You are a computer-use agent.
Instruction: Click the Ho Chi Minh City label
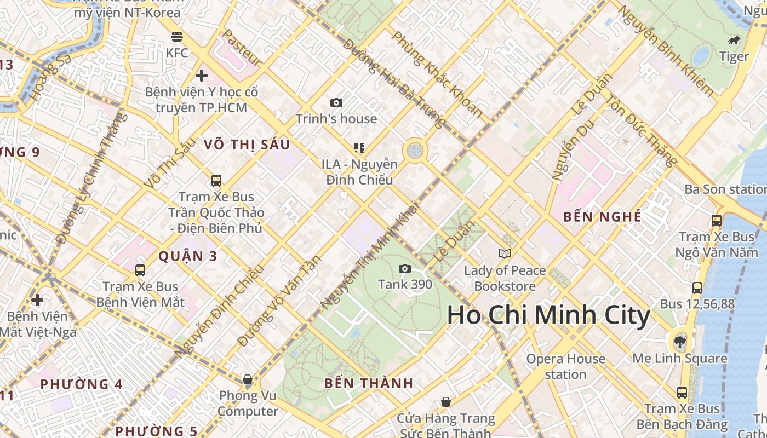tap(548, 316)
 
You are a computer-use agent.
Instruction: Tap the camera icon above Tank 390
tap(405, 268)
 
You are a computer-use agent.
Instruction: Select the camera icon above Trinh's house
tap(336, 102)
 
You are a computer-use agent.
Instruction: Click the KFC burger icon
tap(176, 37)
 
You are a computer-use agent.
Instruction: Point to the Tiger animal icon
tap(734, 41)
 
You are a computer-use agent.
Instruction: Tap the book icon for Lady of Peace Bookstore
tap(505, 253)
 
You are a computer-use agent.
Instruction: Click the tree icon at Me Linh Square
tap(679, 342)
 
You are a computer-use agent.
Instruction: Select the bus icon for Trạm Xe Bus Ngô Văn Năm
tap(716, 221)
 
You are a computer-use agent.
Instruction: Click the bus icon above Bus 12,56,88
tap(697, 287)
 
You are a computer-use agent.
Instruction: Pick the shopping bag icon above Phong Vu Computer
tap(248, 379)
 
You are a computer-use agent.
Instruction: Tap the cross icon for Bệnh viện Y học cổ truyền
tap(202, 76)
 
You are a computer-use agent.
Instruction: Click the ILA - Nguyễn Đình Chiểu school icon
tap(359, 147)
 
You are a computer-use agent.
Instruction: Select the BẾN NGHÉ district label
tap(602, 217)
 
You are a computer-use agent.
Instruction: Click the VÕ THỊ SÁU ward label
tap(247, 145)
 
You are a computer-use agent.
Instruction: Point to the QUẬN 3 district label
tap(188, 256)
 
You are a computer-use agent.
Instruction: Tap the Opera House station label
tap(565, 367)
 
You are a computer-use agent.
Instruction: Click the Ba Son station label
tap(725, 189)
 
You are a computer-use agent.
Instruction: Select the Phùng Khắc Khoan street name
tap(437, 74)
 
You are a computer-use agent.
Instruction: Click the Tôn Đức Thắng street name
tap(640, 131)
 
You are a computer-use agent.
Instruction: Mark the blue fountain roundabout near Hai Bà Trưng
tap(415, 150)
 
